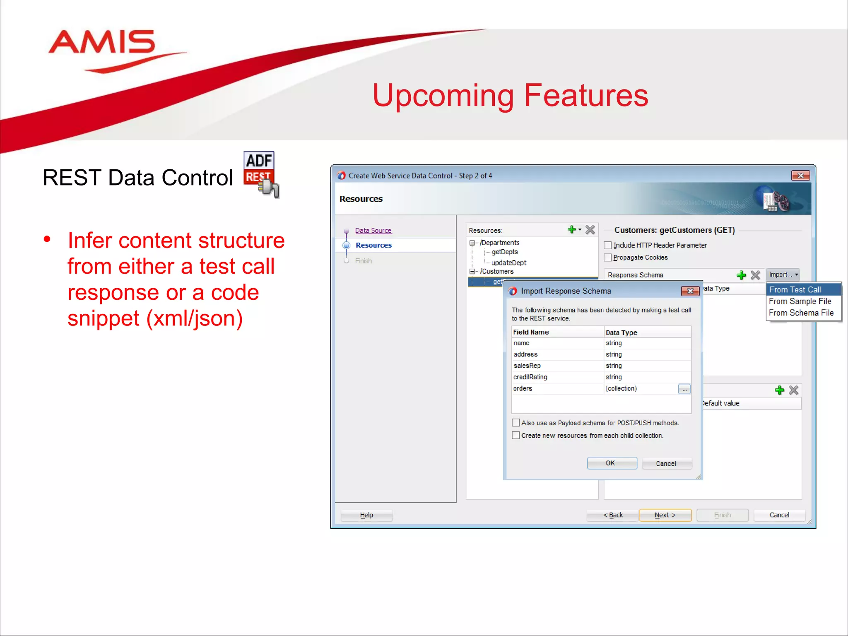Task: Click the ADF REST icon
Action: click(x=260, y=173)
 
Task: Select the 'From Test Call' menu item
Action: click(x=795, y=290)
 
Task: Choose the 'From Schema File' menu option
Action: click(x=801, y=313)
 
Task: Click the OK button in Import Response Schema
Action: click(x=612, y=463)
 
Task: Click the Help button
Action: click(x=366, y=515)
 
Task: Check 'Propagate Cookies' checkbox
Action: click(x=608, y=258)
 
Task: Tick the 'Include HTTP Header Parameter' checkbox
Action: click(x=608, y=245)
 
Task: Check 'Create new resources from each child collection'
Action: click(x=516, y=436)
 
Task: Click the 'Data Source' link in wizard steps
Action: click(x=373, y=231)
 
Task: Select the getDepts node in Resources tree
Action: click(x=505, y=252)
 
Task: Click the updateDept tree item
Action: click(x=508, y=263)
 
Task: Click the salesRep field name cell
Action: click(x=527, y=366)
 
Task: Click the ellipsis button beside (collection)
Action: click(x=684, y=389)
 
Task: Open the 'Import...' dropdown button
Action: click(x=783, y=275)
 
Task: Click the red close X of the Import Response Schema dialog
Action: click(x=690, y=291)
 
